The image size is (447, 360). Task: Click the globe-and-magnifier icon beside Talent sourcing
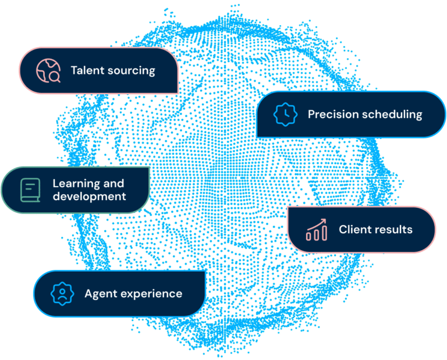[48, 71]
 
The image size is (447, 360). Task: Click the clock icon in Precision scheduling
[285, 115]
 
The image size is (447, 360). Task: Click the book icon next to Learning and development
[29, 190]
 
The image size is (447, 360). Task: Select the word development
[89, 197]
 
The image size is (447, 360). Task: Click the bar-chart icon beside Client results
[316, 230]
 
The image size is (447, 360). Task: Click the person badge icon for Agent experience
[61, 294]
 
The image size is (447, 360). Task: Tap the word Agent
[100, 294]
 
